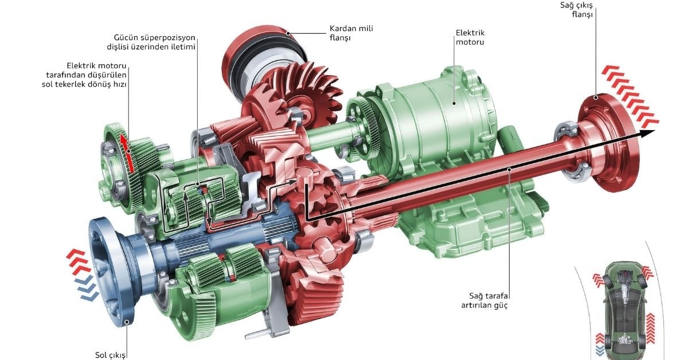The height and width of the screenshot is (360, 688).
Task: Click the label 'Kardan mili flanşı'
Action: pyautogui.click(x=351, y=33)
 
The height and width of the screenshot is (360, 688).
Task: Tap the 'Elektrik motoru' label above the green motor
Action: pyautogui.click(x=470, y=37)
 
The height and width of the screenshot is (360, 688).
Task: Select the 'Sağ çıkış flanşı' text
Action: pyautogui.click(x=576, y=10)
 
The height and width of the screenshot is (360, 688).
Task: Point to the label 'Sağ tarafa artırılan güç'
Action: pyautogui.click(x=484, y=300)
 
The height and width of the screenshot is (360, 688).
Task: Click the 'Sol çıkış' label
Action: pyautogui.click(x=110, y=355)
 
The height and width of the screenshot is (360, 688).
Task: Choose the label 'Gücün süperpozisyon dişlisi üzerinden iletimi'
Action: pyautogui.click(x=151, y=42)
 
